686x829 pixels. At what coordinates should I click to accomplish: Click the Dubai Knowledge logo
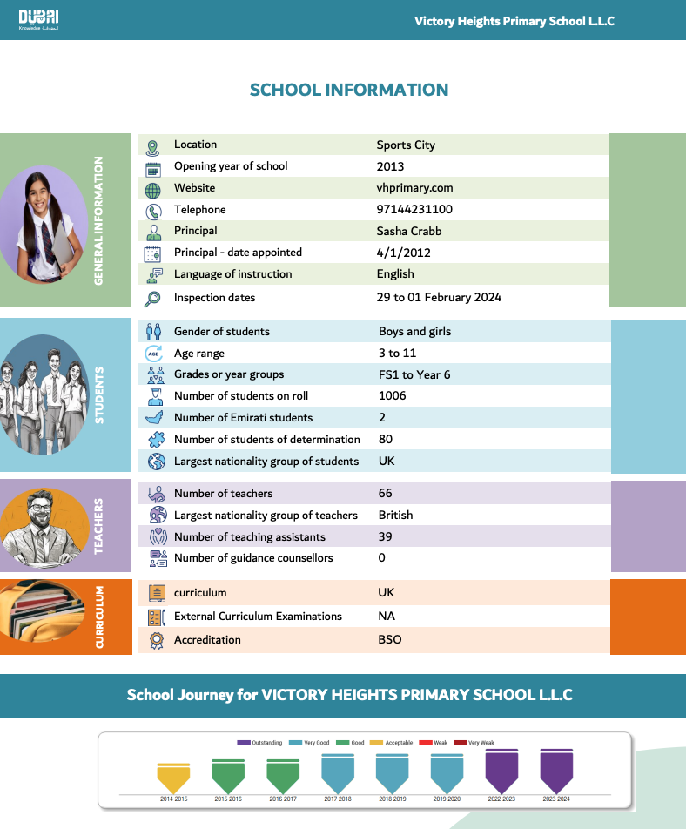[x=39, y=20]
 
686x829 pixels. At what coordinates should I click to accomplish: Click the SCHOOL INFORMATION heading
[x=349, y=90]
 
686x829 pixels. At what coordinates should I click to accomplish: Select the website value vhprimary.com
[x=414, y=188]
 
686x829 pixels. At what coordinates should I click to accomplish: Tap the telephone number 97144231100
[x=414, y=210]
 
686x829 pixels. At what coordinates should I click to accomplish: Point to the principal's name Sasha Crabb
[x=409, y=231]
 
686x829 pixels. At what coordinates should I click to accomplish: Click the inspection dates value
[x=439, y=298]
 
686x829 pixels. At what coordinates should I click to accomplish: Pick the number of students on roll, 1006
[x=392, y=396]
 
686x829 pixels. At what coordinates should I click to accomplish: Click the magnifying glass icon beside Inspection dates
[x=153, y=299]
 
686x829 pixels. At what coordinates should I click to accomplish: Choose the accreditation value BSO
[x=389, y=640]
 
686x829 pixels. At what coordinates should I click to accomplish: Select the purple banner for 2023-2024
[x=556, y=770]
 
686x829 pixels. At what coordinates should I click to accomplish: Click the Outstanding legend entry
[x=260, y=743]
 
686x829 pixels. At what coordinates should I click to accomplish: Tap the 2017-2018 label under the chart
[x=337, y=799]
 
